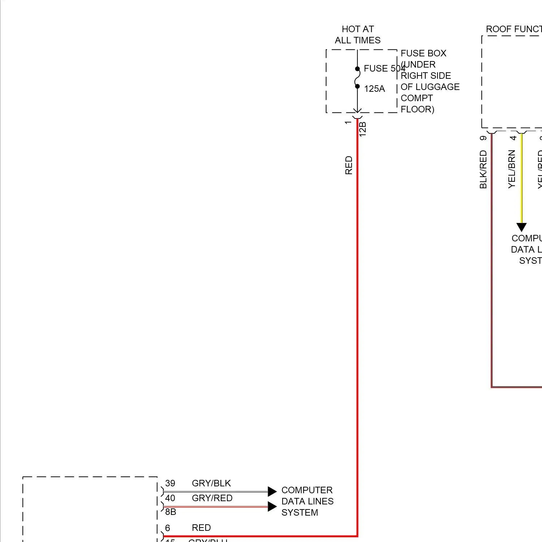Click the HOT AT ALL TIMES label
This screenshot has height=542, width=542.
[x=358, y=35]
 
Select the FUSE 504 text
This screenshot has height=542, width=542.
[x=384, y=68]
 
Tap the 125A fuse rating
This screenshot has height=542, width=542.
[x=374, y=89]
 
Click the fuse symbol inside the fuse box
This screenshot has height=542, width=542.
[x=357, y=78]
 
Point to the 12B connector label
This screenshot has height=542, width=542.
[x=363, y=129]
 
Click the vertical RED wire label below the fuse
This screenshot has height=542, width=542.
[x=349, y=165]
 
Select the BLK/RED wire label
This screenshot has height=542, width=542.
[x=483, y=169]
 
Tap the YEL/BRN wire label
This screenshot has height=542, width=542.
[x=512, y=169]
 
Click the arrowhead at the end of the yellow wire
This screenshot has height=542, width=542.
[x=521, y=227]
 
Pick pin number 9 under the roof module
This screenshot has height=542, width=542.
[x=483, y=138]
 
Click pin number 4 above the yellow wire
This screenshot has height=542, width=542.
[x=513, y=138]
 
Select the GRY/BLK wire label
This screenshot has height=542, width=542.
[x=211, y=483]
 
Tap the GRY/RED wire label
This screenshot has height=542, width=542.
[x=212, y=498]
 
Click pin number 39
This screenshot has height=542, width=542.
[x=170, y=483]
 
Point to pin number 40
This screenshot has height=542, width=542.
[x=170, y=498]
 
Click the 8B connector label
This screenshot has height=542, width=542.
[x=171, y=512]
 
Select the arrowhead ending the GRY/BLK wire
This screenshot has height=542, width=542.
[x=272, y=491]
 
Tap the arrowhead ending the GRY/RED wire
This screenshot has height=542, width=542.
[x=272, y=506]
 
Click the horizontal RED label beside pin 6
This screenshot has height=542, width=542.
[x=201, y=528]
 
